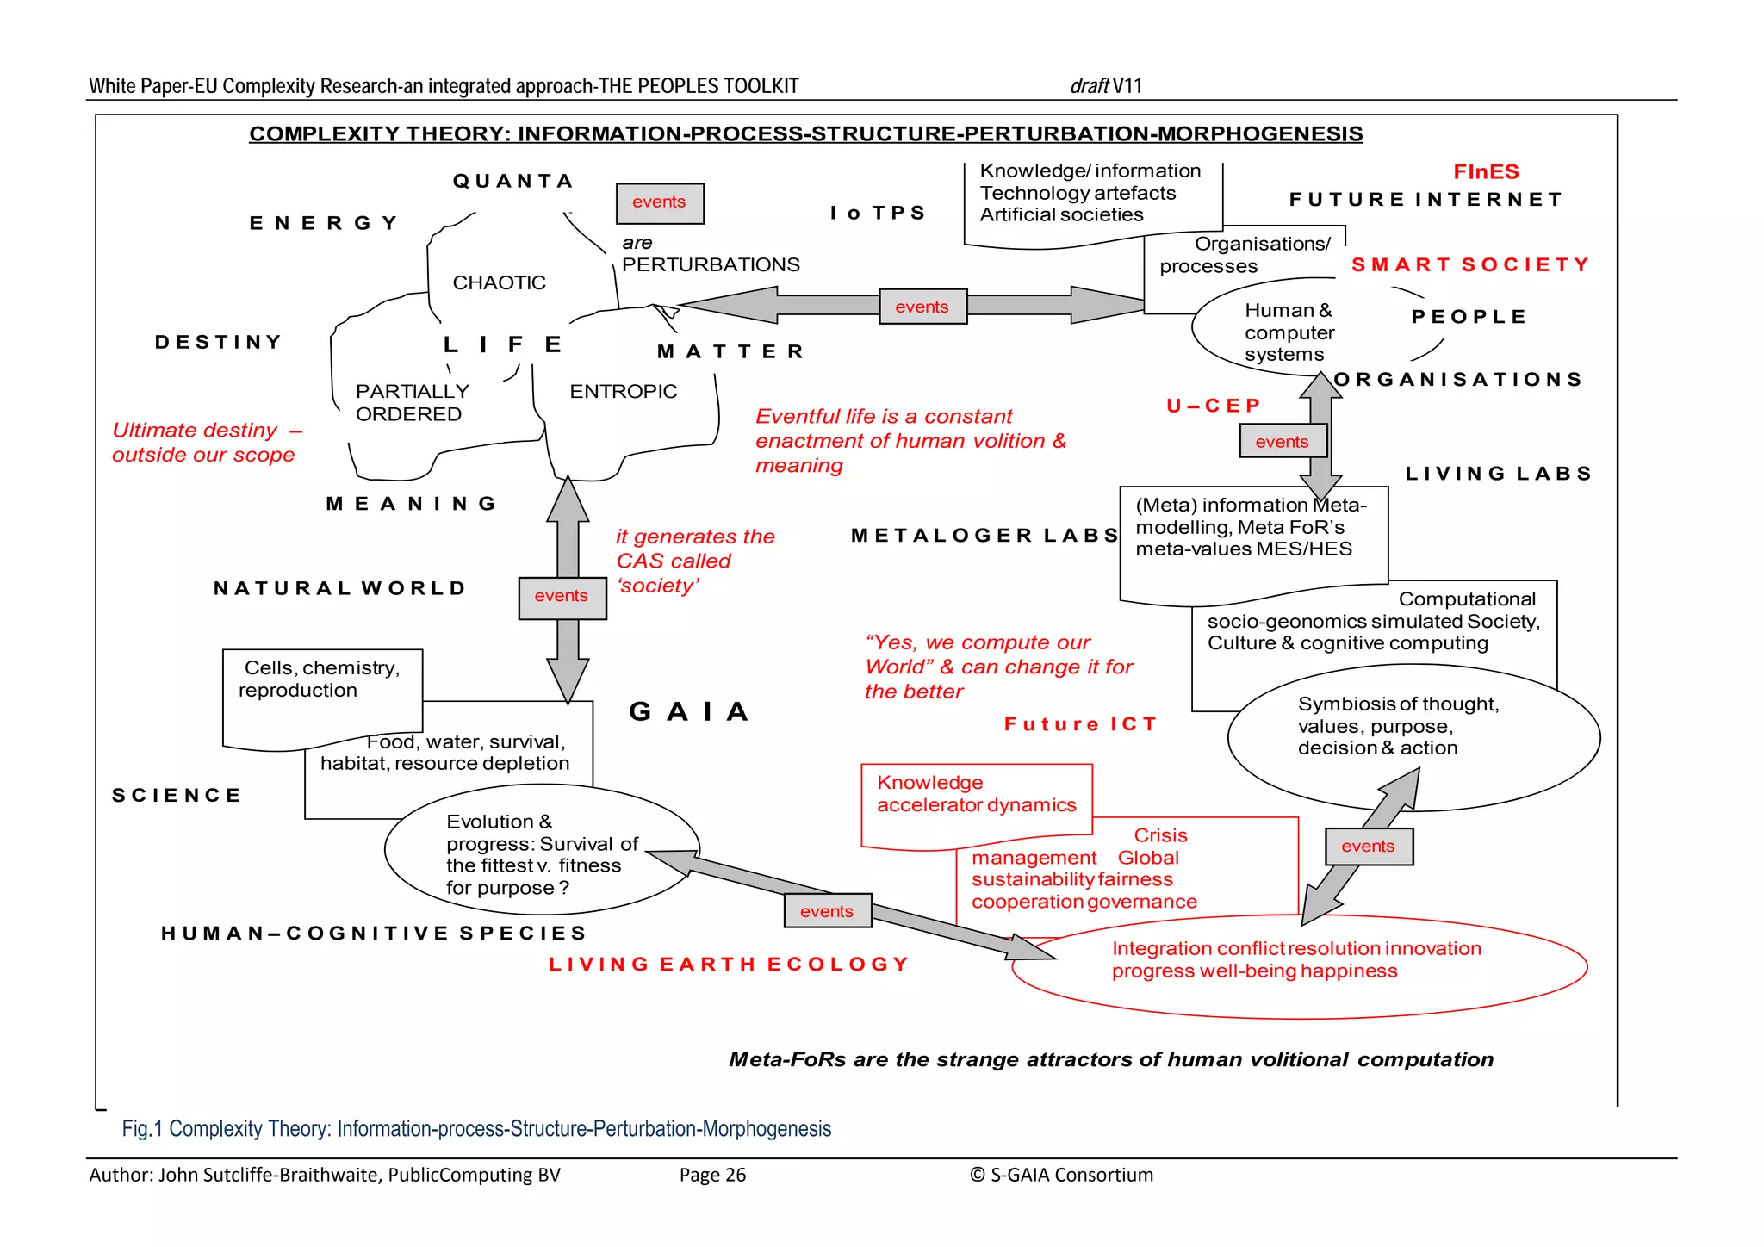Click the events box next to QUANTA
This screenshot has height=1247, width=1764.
coord(660,203)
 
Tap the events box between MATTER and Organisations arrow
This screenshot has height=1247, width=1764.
coord(922,307)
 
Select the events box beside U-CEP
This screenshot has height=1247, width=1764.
coord(1282,442)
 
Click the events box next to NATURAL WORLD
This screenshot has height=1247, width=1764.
coord(562,597)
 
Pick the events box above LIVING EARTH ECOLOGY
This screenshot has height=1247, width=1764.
coord(827,911)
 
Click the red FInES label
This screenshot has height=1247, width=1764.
coord(1486,171)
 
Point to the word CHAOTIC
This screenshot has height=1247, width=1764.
coord(499,282)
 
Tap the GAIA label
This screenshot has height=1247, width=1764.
coord(689,711)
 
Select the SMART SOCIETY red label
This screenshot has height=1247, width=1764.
coord(1470,264)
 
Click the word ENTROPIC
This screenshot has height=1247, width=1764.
coord(623,391)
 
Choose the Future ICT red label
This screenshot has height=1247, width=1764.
coord(1080,724)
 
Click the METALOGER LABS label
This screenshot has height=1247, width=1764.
coord(984,536)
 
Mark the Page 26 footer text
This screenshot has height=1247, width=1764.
coord(712,1175)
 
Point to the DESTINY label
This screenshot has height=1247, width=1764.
coord(219,342)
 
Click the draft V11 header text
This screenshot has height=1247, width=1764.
coord(1106,86)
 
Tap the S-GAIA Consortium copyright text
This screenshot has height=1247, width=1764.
coord(1061,1175)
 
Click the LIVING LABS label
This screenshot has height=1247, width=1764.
coord(1498,474)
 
